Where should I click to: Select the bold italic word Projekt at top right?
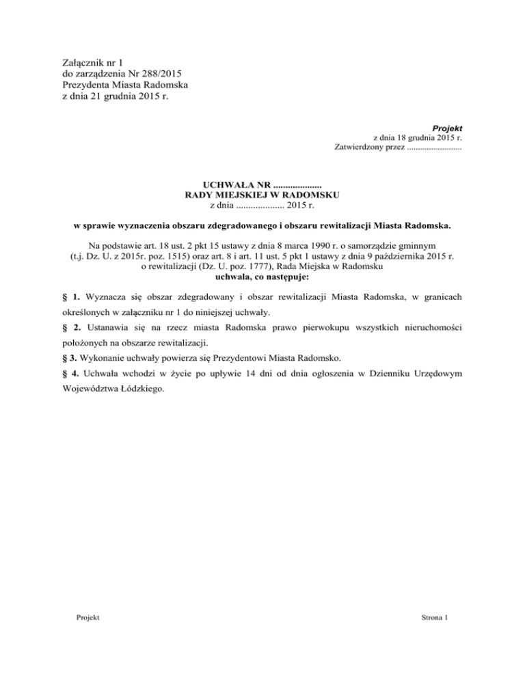click(447, 128)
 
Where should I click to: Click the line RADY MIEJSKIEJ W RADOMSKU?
click(262, 195)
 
